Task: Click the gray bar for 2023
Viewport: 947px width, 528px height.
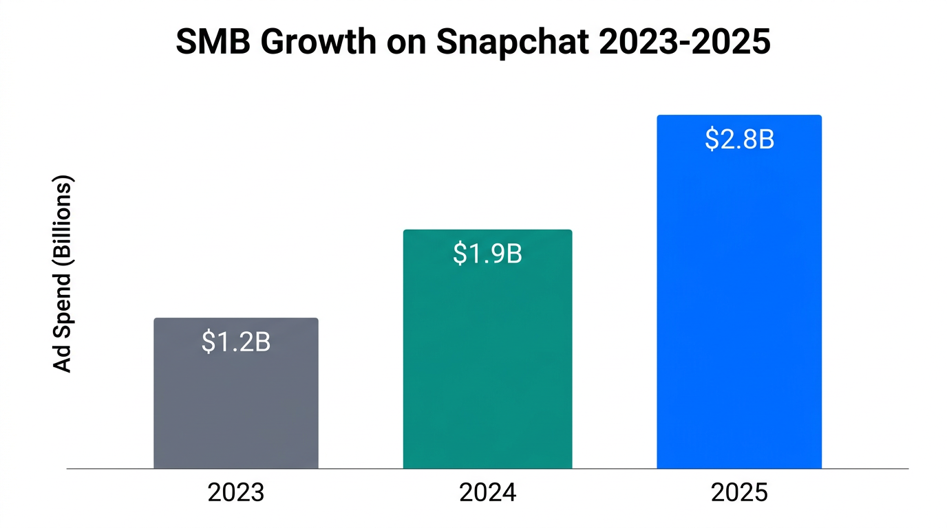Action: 236,406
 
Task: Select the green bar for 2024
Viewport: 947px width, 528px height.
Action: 487,364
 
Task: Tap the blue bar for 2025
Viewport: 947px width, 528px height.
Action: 739,309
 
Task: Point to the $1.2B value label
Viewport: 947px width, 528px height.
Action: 236,342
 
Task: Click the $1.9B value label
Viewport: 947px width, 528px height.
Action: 487,254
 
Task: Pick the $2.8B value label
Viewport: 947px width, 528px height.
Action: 739,140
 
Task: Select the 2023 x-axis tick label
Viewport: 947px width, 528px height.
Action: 236,493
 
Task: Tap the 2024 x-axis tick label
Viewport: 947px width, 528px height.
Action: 487,493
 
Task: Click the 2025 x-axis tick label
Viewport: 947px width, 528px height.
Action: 739,493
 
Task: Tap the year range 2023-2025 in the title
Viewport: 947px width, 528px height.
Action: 684,43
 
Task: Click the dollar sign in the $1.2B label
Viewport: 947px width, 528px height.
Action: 208,342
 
